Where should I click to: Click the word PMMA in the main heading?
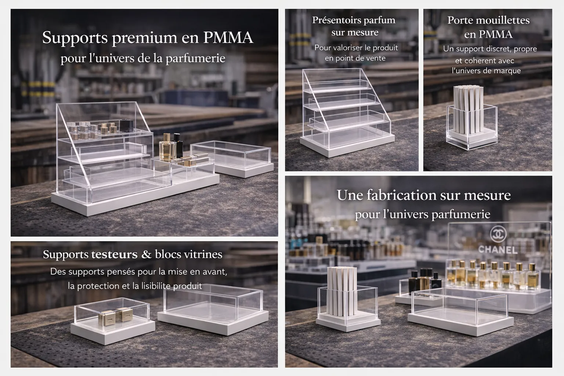click(x=228, y=38)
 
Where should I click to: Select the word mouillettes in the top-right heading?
click(x=506, y=21)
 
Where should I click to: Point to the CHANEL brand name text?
click(x=498, y=250)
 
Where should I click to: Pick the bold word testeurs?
click(x=114, y=254)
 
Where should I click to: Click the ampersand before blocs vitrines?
click(x=146, y=254)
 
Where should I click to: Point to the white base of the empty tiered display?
click(x=347, y=146)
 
